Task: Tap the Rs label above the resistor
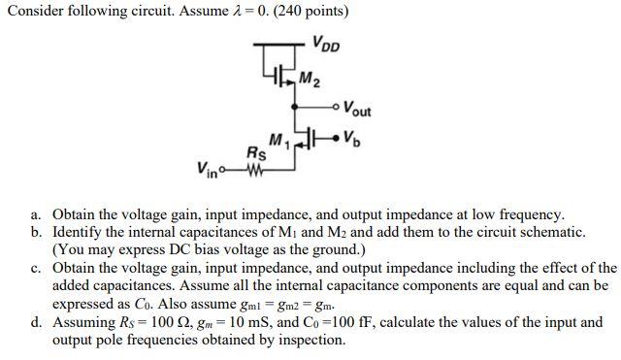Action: [256, 152]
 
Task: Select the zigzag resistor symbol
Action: [256, 175]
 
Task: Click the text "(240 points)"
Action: [301, 12]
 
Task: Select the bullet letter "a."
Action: [36, 214]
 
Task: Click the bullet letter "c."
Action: [36, 268]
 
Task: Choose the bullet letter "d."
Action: [36, 321]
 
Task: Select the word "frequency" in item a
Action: [530, 214]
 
